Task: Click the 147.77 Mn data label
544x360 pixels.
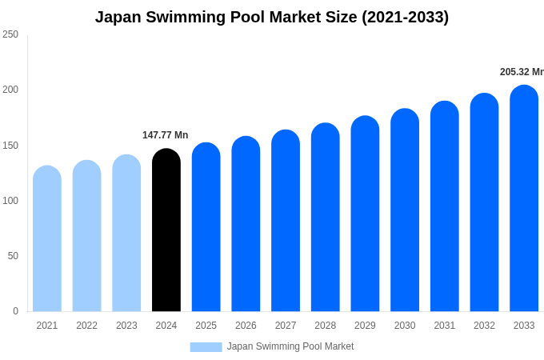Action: (166, 135)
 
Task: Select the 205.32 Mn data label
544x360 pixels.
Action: (522, 72)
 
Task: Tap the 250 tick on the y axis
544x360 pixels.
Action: (10, 34)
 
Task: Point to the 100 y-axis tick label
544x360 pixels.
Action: (10, 201)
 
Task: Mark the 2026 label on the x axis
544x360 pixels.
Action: (246, 326)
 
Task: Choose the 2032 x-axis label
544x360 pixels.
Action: (484, 326)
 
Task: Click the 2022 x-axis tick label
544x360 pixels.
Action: (87, 326)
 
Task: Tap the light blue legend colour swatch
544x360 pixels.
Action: (206, 347)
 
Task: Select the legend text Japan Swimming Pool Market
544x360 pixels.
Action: (290, 346)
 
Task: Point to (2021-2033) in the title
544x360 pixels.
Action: (405, 17)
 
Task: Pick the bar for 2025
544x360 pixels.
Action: (206, 227)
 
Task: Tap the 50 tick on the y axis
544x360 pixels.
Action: (13, 256)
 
